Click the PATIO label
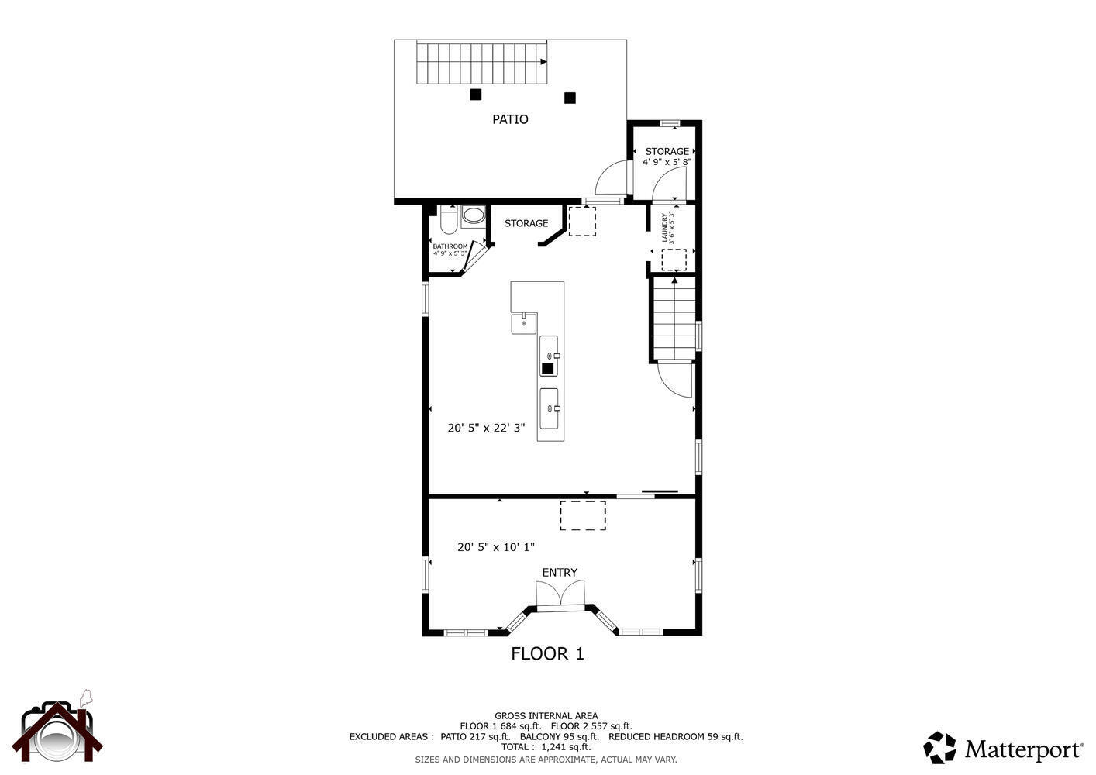tap(510, 119)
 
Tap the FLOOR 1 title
tap(547, 653)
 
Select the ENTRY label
tap(560, 572)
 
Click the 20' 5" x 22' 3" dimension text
tap(486, 428)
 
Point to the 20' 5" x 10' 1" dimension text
tap(495, 547)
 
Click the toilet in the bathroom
tap(449, 219)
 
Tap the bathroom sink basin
tap(473, 215)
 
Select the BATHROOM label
tap(450, 246)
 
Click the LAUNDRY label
tap(664, 227)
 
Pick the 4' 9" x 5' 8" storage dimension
tap(667, 161)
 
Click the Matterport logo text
tap(1024, 749)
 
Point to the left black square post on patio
tap(476, 95)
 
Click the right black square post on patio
tap(570, 98)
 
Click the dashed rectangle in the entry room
tap(583, 515)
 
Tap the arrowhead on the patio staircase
tap(543, 62)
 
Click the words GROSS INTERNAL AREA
tap(546, 716)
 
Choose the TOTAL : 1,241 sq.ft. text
tap(546, 747)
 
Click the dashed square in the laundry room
tap(674, 260)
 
